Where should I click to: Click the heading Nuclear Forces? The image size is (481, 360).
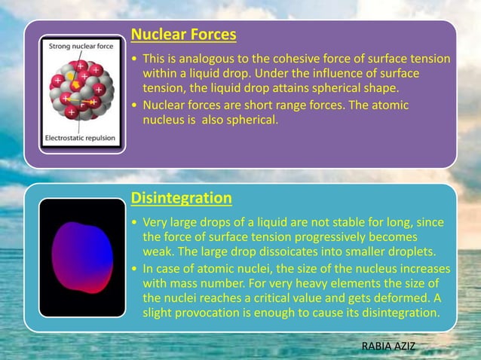point(183,35)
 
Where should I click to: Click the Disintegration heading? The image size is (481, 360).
point(181,198)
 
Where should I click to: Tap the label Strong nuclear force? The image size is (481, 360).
point(82,46)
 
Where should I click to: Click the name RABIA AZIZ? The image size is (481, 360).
point(388,346)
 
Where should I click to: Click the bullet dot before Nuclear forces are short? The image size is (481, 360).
point(134,105)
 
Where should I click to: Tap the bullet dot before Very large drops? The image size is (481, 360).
point(134,222)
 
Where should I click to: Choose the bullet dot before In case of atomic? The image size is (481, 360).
point(134,269)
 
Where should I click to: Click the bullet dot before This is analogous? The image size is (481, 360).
point(134,59)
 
